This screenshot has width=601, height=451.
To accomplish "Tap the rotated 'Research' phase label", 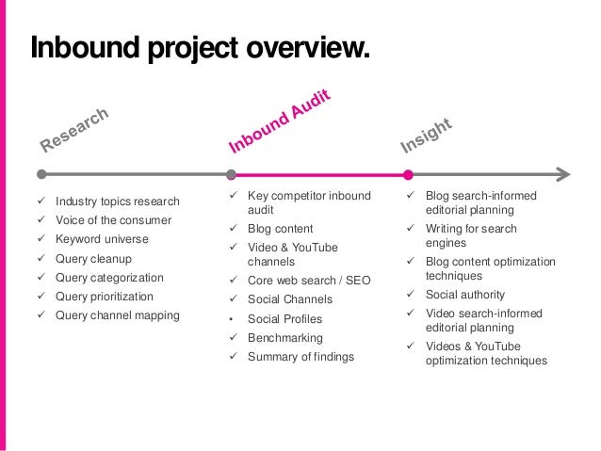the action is (x=76, y=130).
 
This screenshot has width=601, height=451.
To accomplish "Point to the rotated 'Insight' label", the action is (x=428, y=136).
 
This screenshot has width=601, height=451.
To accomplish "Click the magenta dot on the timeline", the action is (x=408, y=174).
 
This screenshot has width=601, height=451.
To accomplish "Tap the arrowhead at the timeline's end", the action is (x=563, y=174).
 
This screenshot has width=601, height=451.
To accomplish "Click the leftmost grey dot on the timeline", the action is (x=41, y=174).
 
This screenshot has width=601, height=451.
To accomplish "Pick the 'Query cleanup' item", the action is (x=94, y=259).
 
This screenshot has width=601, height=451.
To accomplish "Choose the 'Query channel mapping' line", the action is (x=117, y=315).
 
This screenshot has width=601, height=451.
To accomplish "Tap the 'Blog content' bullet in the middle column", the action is (x=280, y=229).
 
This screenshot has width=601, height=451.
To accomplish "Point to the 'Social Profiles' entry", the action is (x=284, y=318).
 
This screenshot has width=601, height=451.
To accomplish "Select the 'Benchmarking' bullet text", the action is (x=284, y=337).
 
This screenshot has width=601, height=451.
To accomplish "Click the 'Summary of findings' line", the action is (x=300, y=357).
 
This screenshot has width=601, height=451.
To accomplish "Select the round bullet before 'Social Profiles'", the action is (x=233, y=318).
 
